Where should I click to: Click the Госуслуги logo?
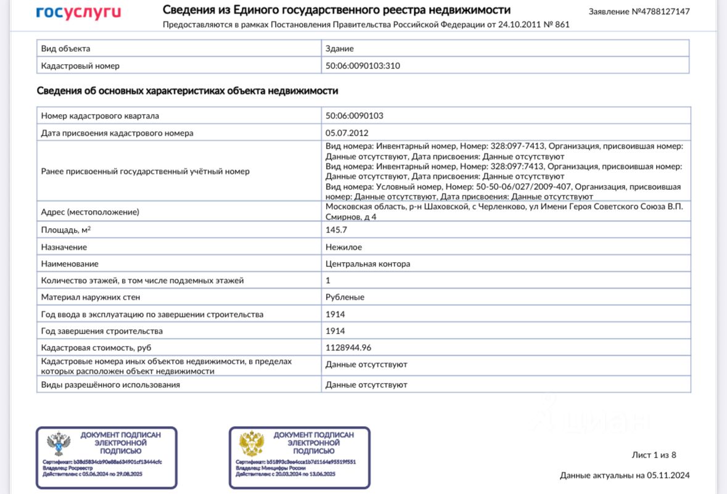coord(78,12)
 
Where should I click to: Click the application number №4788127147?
coord(639,12)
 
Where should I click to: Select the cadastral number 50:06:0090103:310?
coord(363,65)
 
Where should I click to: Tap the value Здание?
coord(340,49)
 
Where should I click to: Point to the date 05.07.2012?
coord(347,133)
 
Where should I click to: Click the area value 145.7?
coord(336,229)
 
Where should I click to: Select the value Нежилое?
coord(343,247)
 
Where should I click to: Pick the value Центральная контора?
coord(368,264)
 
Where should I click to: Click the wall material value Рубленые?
coord(345,297)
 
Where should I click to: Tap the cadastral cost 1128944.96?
coord(348,348)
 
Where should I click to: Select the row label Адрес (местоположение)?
coord(90,212)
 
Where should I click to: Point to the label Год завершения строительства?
coord(102,331)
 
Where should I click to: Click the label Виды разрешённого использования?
coord(110,385)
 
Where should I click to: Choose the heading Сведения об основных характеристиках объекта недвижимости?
coord(187,91)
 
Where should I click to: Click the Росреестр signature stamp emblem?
coord(60,444)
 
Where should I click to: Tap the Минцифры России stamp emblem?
coord(252,444)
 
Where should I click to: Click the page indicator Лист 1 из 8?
coord(654,455)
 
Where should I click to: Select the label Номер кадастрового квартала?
coord(100,116)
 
